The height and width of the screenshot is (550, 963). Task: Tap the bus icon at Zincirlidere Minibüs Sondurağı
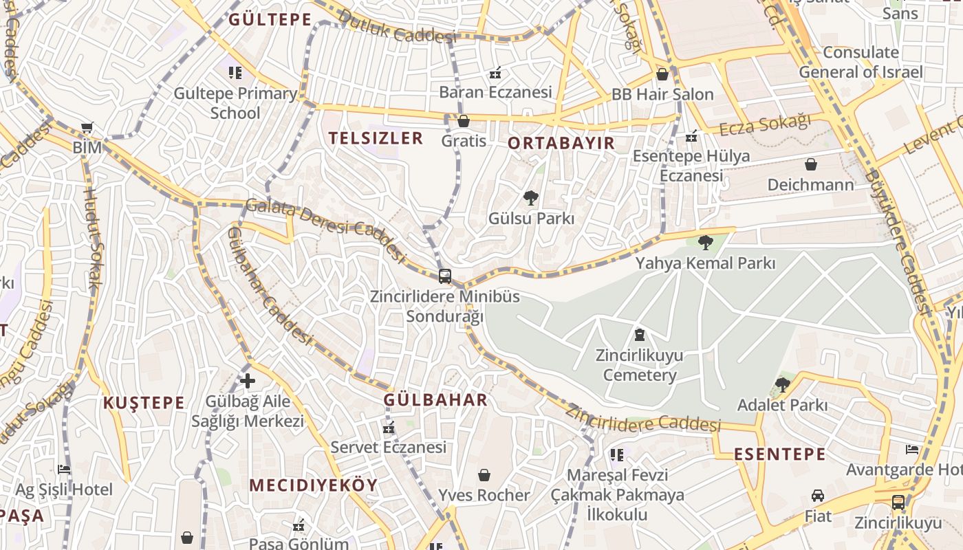tap(445, 276)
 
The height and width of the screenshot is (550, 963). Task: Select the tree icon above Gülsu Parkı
tap(530, 199)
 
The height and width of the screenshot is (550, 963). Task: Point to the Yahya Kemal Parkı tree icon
tap(705, 242)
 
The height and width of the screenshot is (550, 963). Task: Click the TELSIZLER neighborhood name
tap(376, 138)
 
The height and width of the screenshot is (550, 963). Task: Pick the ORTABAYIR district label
tap(561, 143)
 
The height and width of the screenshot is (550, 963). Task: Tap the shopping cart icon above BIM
tap(87, 127)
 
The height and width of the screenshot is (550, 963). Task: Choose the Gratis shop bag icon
tap(464, 122)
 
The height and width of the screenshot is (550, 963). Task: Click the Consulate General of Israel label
tap(861, 62)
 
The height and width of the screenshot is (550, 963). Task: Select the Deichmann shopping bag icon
tap(811, 164)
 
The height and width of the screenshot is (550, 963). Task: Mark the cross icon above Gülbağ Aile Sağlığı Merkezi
tap(248, 381)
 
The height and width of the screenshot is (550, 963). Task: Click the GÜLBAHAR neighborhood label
tap(435, 400)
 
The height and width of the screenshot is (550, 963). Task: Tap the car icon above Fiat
tap(818, 496)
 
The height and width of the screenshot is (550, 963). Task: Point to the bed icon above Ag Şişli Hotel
tap(64, 470)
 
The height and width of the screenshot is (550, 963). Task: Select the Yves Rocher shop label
tap(484, 495)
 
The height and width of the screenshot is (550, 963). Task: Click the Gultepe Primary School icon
tap(235, 72)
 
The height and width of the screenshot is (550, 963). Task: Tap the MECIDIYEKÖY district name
tap(314, 485)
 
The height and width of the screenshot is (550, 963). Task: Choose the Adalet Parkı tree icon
tap(782, 384)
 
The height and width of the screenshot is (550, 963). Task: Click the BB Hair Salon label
tap(662, 94)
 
